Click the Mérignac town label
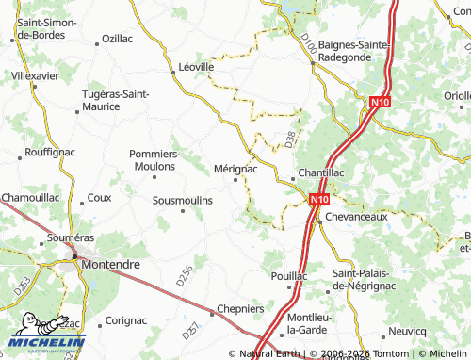click(x=235, y=168)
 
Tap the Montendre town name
click(x=111, y=265)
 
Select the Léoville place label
click(x=197, y=68)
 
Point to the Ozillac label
click(x=117, y=39)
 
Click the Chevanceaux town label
click(x=357, y=217)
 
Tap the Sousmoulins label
click(x=183, y=201)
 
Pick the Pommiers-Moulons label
click(x=155, y=159)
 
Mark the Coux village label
click(x=99, y=198)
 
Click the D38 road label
click(x=290, y=140)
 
